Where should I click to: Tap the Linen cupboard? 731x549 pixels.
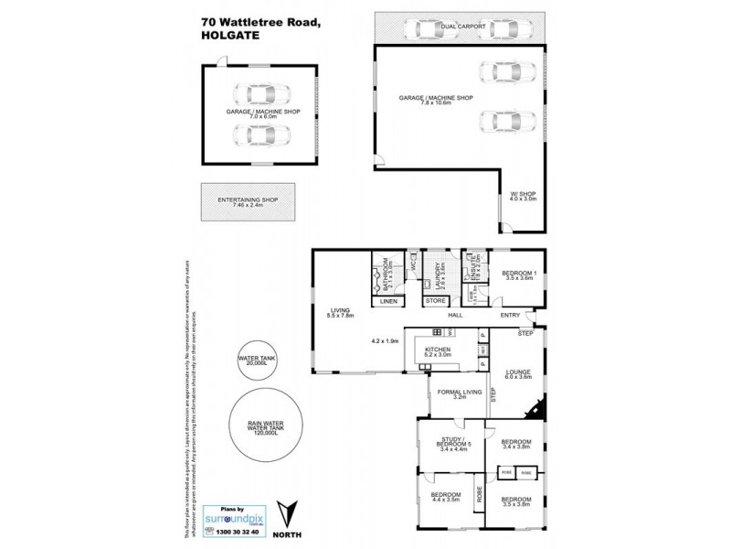point(387,301)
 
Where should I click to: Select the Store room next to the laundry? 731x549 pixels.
point(436,301)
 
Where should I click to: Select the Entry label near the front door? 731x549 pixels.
point(510,316)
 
